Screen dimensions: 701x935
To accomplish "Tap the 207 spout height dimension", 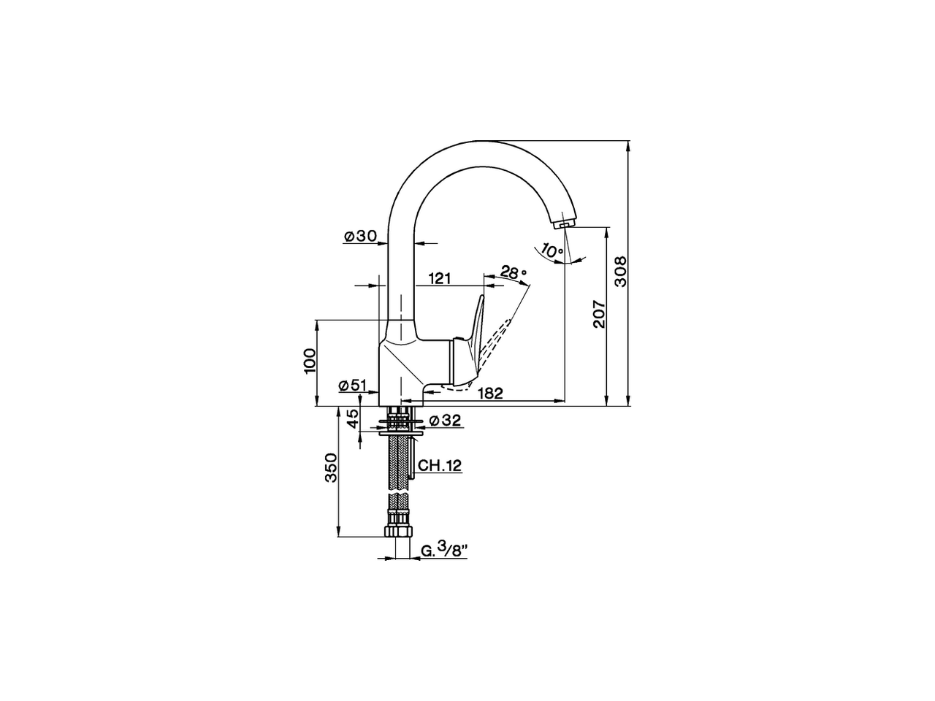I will (x=599, y=314).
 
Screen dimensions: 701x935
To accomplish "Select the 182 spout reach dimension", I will (x=490, y=393).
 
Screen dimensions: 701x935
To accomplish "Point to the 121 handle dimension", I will (x=439, y=277).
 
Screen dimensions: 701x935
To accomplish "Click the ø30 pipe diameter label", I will (x=359, y=235).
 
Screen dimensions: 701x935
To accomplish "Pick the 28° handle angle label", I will (x=514, y=273).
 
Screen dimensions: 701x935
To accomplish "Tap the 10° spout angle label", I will (x=552, y=250).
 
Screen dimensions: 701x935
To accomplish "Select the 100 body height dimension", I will (x=310, y=361).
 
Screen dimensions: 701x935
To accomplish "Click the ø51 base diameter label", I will (x=352, y=386).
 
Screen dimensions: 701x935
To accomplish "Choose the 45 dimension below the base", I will (x=352, y=419).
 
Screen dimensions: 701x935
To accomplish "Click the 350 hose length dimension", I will (x=329, y=467).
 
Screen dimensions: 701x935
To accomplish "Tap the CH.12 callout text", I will (x=440, y=465).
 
